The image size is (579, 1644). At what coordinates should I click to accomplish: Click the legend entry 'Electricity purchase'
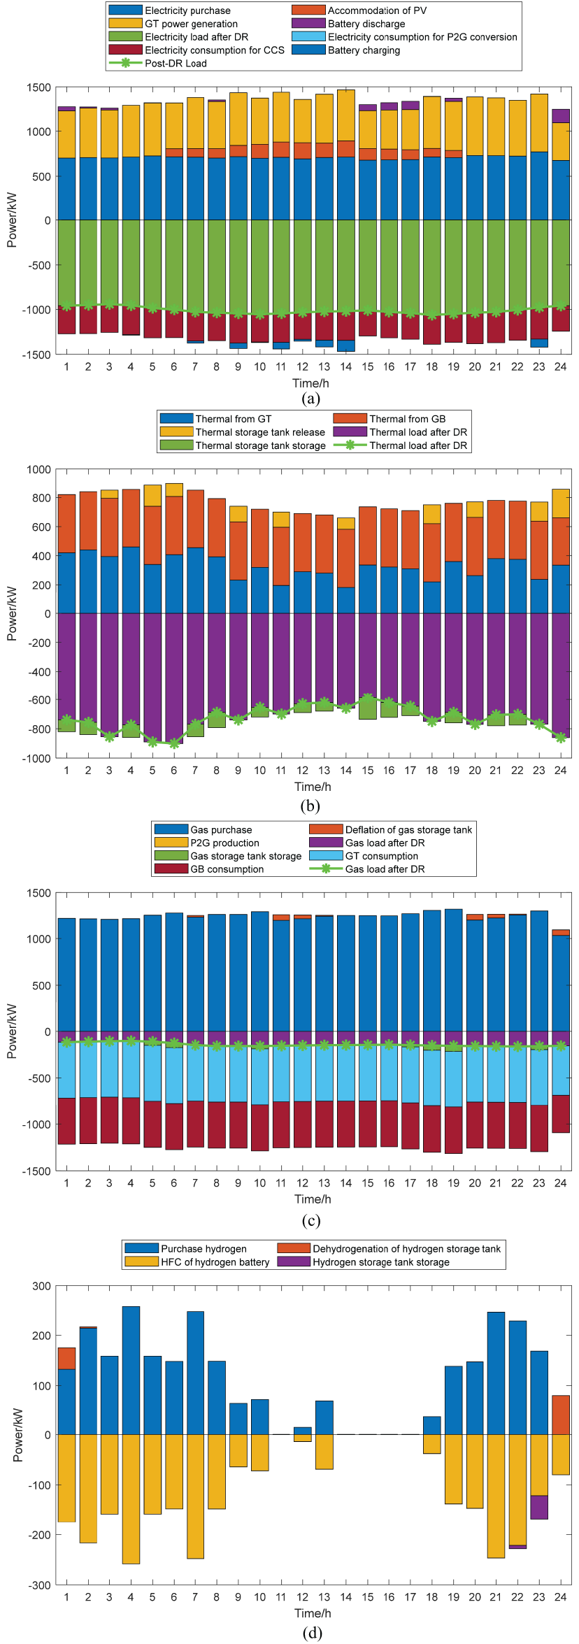point(187,10)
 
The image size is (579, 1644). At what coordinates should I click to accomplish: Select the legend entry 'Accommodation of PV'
point(377,10)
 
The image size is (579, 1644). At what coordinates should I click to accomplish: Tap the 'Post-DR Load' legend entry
point(176,63)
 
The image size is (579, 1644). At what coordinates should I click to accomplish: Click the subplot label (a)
point(310,399)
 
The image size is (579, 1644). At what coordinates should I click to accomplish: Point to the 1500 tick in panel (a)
point(39,87)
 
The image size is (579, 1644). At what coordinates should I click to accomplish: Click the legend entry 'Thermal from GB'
point(407,419)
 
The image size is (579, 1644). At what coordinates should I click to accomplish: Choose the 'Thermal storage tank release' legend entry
point(260,432)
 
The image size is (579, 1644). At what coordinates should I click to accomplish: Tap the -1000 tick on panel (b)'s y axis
point(38,758)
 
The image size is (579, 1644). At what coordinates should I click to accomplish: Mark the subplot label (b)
point(310,806)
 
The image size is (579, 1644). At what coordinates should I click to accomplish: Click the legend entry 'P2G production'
point(224,843)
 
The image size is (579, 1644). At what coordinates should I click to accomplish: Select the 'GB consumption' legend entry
point(227,869)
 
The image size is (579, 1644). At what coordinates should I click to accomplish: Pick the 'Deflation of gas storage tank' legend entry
point(408,829)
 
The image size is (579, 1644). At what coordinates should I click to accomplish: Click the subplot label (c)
point(310,1220)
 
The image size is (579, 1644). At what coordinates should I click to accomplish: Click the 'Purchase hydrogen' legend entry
point(203,1248)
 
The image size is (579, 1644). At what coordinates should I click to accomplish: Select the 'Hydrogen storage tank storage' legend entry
point(380,1261)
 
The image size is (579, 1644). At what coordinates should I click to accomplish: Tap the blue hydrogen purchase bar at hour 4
point(131,1370)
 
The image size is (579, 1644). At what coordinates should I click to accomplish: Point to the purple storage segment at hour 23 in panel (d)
point(538,1507)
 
